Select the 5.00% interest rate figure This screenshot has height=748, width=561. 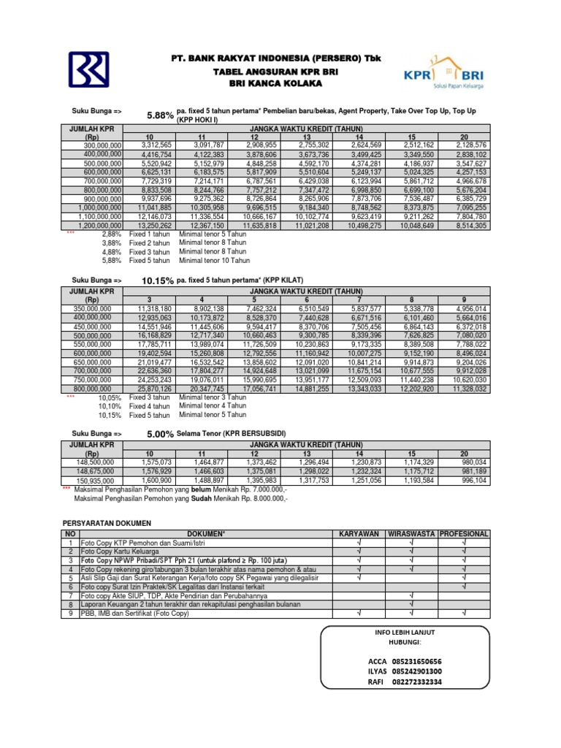(x=160, y=434)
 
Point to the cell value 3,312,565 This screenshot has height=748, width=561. (x=156, y=145)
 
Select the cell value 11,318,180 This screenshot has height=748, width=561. (x=154, y=309)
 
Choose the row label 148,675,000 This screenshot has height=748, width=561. (x=97, y=472)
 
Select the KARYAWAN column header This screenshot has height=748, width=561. (x=358, y=534)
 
